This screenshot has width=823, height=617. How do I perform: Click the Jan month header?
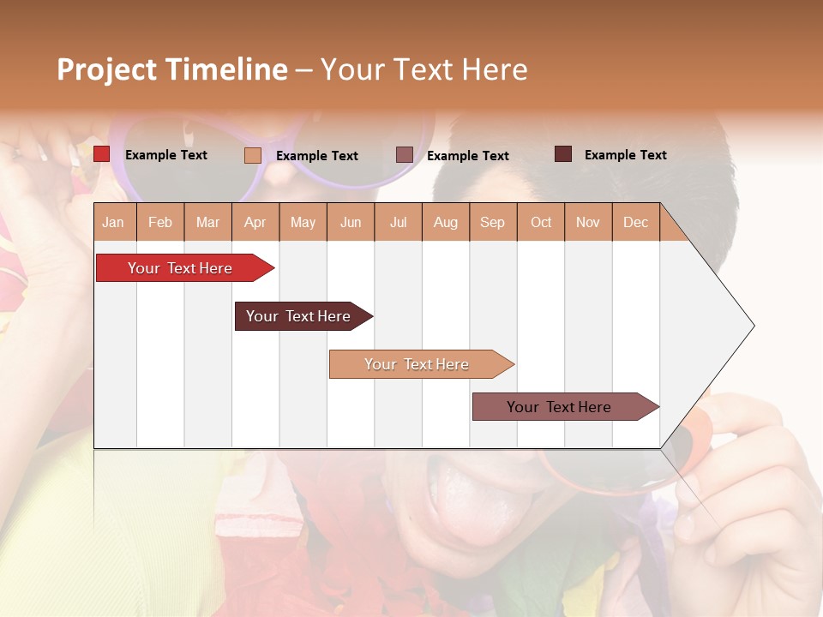pos(113,222)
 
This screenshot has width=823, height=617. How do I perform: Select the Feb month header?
pos(160,222)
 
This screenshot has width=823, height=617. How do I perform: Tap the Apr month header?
pos(255,222)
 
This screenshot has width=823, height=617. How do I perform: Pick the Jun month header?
pos(351,222)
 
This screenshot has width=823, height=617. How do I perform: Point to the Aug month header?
pos(445,222)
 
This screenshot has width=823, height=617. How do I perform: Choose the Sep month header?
pos(492,222)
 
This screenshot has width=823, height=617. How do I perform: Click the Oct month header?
pos(541,222)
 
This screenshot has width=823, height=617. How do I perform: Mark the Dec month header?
pos(635,222)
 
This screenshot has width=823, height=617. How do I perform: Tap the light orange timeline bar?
pos(418,364)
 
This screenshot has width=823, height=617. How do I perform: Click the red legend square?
pos(102,154)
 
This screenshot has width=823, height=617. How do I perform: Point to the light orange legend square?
pos(253,155)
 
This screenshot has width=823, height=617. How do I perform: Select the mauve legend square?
pos(405,155)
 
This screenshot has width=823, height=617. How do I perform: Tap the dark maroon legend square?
pos(563,154)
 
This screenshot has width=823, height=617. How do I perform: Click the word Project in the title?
pos(107,69)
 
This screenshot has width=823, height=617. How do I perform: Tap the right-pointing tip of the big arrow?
pos(751,326)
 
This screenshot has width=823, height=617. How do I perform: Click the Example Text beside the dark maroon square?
pos(625,154)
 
